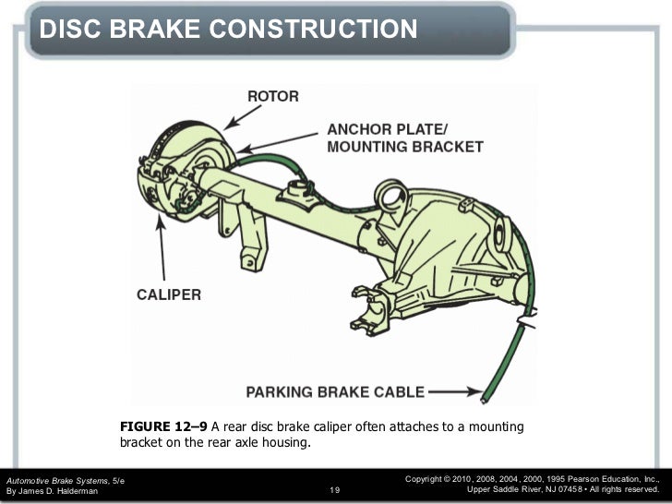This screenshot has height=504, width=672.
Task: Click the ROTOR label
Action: coord(271,96)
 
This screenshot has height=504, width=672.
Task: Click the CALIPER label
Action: coord(169,295)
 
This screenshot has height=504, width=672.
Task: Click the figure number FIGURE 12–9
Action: coord(163,426)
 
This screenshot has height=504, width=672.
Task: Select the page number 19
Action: coord(336,490)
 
